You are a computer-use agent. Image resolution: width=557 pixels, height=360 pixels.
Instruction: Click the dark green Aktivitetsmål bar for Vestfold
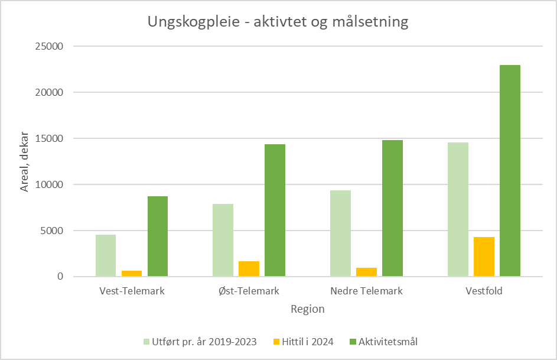[x=510, y=171]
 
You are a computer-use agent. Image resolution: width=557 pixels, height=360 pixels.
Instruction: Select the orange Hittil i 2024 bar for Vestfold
[x=484, y=257]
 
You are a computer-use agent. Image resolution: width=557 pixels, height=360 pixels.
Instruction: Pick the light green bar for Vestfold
[x=458, y=209]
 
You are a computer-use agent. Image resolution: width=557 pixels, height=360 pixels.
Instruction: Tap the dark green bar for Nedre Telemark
[x=392, y=208]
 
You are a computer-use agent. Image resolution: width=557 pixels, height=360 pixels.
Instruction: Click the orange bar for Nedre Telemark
[x=366, y=272]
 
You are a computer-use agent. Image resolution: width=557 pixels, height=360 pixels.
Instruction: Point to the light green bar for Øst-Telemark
[x=223, y=240]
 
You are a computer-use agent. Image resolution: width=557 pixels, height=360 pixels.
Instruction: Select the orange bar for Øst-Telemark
[x=249, y=269]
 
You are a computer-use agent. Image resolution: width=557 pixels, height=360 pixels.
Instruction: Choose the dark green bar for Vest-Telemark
[x=158, y=236]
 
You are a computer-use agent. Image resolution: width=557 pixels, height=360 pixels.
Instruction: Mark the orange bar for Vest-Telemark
[x=132, y=274]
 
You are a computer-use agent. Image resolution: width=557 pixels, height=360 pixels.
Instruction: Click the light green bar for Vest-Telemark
[x=106, y=255]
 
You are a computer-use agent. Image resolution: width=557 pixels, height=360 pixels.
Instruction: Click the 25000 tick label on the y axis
[x=52, y=47]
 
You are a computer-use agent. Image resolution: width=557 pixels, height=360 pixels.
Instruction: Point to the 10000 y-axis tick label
[x=52, y=184]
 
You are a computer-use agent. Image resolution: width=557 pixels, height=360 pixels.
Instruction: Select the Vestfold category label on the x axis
[x=484, y=291]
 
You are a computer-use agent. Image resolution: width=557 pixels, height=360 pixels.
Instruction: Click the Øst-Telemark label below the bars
[x=249, y=291]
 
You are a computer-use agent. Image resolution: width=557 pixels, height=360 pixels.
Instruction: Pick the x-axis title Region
[x=307, y=309]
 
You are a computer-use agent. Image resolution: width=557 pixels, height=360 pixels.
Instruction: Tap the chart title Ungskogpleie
[x=278, y=22]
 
